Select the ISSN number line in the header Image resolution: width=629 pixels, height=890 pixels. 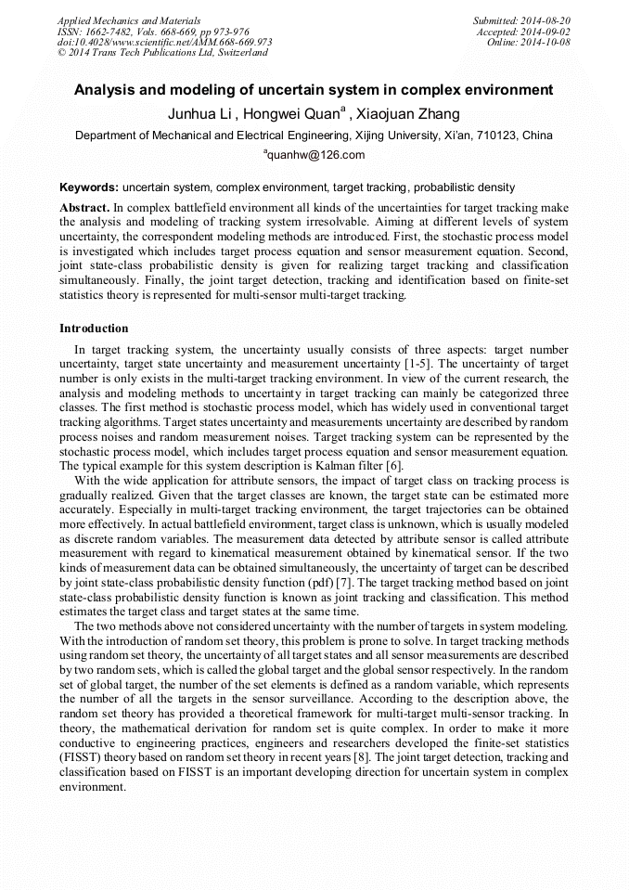coord(152,32)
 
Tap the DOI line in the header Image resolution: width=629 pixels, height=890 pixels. coord(164,43)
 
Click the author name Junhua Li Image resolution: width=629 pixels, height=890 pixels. coord(199,114)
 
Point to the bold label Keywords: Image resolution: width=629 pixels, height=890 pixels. coord(89,187)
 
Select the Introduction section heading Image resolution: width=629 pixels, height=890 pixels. coord(94,329)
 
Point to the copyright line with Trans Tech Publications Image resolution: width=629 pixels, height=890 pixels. coord(162,53)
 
